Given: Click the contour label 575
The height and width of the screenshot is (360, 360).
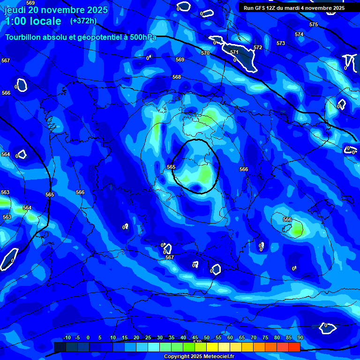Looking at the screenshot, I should pyautogui.click(x=314, y=24).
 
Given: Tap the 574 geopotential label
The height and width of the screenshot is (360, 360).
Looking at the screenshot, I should pyautogui.click(x=299, y=34).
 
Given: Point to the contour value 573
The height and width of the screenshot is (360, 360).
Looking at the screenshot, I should pyautogui.click(x=281, y=43).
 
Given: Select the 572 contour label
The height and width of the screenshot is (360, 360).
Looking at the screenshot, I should pyautogui.click(x=258, y=48).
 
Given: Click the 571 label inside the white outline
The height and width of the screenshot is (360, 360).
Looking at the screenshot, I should pyautogui.click(x=234, y=52).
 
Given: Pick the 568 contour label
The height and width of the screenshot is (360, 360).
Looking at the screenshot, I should pyautogui.click(x=177, y=77).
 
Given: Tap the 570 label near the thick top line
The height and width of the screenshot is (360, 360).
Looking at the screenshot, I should pyautogui.click(x=205, y=53).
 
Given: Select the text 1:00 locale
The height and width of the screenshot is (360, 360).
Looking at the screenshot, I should pyautogui.click(x=33, y=21).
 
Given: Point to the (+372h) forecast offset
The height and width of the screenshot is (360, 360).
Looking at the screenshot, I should pyautogui.click(x=83, y=21).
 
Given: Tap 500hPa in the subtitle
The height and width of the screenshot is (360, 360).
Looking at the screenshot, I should pyautogui.click(x=143, y=37).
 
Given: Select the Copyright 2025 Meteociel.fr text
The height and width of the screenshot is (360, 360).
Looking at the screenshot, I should pyautogui.click(x=199, y=356).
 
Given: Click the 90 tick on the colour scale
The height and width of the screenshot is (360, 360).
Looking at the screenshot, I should pyautogui.click(x=300, y=338).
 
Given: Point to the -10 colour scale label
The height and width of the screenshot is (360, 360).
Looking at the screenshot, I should pyautogui.click(x=67, y=338).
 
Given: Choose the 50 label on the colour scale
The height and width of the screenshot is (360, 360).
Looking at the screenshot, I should pyautogui.click(x=206, y=338).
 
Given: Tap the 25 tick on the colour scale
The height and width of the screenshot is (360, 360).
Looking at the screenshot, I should pyautogui.click(x=148, y=338).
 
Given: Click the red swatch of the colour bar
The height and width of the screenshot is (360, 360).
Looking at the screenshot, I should pyautogui.click(x=294, y=347).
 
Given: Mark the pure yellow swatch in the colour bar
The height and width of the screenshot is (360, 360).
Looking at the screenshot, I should pyautogui.click(x=212, y=347).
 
